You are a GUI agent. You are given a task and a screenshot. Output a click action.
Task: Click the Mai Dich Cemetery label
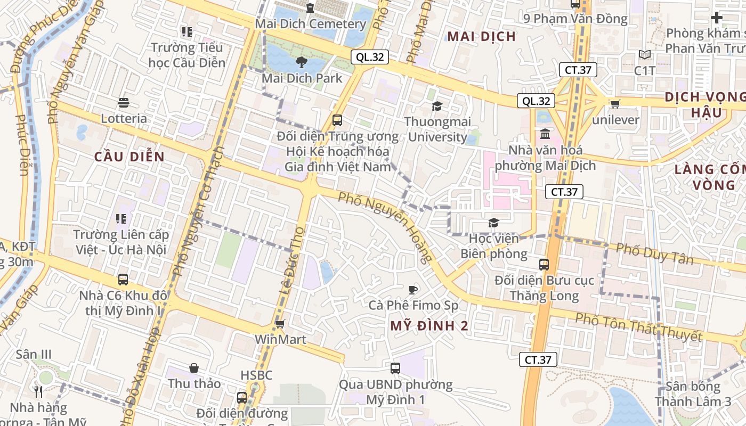click(310, 24)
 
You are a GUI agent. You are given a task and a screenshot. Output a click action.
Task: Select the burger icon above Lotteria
click(124, 102)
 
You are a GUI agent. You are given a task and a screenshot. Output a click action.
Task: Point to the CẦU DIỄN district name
click(129, 157)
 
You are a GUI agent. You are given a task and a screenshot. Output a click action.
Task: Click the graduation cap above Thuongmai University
click(437, 106)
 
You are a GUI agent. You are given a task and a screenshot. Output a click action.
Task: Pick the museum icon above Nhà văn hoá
click(545, 134)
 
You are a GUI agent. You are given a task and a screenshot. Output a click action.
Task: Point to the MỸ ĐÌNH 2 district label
click(429, 326)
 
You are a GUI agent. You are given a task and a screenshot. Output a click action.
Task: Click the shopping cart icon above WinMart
click(280, 324)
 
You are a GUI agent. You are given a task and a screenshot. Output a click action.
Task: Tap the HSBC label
click(256, 375)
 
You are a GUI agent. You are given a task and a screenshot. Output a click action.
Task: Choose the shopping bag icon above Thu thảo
click(194, 368)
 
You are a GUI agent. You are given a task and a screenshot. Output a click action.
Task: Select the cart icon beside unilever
click(615, 104)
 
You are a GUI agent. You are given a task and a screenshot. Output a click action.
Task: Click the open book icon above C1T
click(645, 54)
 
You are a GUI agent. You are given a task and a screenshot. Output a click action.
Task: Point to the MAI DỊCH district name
click(481, 36)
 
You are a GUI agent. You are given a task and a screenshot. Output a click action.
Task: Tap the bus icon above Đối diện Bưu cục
click(544, 264)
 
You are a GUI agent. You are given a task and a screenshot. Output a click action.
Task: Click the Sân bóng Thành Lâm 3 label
click(693, 394)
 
